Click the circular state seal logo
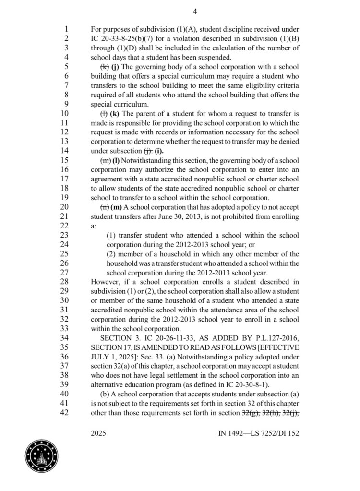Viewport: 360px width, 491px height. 42,455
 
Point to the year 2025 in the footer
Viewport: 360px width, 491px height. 98,433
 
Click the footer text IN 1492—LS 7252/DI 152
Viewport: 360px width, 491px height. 258,433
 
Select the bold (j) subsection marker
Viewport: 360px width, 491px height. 116,67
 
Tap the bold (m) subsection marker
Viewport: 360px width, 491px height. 116,207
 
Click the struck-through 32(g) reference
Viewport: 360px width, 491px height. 250,412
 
